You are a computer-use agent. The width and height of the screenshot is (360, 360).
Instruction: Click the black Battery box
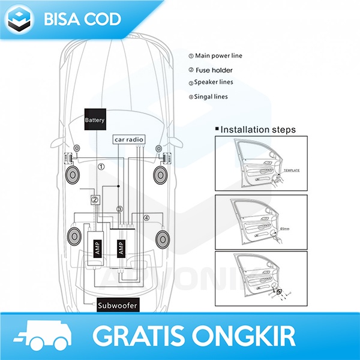coord(95,120)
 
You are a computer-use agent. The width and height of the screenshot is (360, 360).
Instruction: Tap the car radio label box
coord(129,140)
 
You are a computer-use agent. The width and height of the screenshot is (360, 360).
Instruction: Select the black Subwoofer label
coord(118,306)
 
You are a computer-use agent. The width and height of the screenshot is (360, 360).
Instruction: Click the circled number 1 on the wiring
coord(101,167)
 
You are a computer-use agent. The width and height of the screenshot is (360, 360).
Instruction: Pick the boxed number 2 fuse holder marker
coord(95,200)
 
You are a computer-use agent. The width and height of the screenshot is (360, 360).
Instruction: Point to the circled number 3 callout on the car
coord(119,209)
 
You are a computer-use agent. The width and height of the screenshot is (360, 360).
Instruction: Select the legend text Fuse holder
coord(214,70)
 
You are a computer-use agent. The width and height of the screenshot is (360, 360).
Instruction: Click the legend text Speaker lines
coord(214,82)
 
